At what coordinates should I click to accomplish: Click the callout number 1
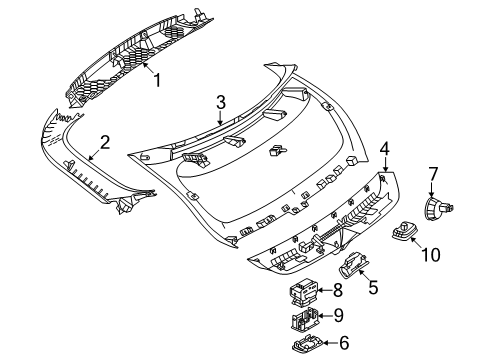click(157, 80)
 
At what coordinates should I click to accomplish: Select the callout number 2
click(105, 142)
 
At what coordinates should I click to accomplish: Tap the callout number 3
click(221, 102)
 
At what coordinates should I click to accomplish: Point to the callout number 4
click(384, 148)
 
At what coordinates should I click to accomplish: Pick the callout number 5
click(373, 287)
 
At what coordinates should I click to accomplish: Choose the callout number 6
click(344, 343)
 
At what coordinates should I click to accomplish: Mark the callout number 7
click(432, 174)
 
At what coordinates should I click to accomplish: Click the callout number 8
click(338, 290)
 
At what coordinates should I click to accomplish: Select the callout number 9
click(338, 315)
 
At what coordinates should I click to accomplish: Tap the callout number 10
click(431, 255)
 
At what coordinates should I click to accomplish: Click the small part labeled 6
click(307, 344)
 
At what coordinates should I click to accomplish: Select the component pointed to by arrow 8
click(303, 291)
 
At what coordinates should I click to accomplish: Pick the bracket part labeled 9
click(304, 319)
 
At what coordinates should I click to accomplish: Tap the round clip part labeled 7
click(439, 208)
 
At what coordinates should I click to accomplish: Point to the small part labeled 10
click(403, 231)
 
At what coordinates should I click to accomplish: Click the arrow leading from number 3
click(220, 118)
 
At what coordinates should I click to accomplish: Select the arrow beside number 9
click(325, 316)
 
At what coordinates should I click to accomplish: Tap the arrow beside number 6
click(330, 343)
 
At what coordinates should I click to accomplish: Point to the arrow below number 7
click(432, 190)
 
